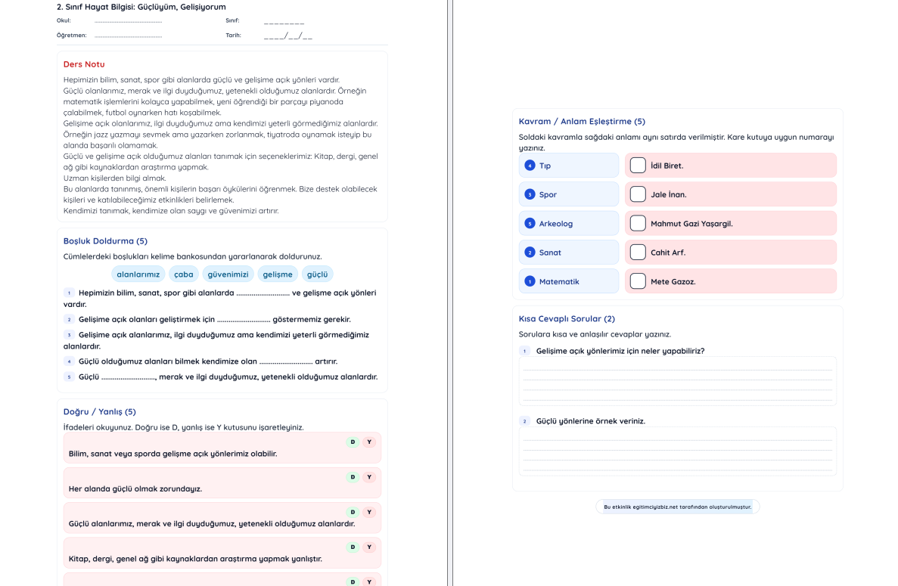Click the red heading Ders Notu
point(84,64)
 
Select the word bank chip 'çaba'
point(184,274)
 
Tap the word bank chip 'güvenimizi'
point(228,274)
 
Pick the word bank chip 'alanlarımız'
point(138,274)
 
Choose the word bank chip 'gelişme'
point(278,274)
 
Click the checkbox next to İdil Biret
point(638,165)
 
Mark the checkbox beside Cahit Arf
point(638,252)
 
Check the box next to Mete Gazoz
point(638,281)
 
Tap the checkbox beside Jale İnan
point(638,194)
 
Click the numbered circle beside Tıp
point(530,166)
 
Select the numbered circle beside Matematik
point(530,281)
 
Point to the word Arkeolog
point(555,224)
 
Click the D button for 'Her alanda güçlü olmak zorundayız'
point(353,477)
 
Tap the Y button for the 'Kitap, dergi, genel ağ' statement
point(369,547)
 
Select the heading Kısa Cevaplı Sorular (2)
point(567,319)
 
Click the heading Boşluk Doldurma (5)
point(105,241)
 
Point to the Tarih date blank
point(287,36)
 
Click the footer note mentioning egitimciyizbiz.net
point(677,507)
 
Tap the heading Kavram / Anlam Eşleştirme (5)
point(582,122)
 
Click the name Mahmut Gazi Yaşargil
point(691,224)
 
